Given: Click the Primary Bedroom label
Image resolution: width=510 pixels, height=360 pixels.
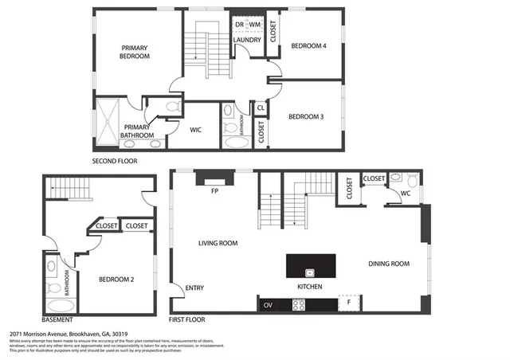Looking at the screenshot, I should (x=134, y=52).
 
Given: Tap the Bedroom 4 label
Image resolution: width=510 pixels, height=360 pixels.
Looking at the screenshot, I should (x=308, y=45).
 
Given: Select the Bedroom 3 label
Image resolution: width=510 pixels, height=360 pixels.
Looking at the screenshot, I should (x=306, y=117).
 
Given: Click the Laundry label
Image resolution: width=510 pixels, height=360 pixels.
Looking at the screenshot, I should (x=248, y=41).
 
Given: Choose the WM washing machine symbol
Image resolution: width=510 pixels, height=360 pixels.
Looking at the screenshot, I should (x=254, y=24).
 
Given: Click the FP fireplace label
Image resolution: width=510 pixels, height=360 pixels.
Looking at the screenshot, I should (x=214, y=192).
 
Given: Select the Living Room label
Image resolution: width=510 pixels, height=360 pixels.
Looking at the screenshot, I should (x=218, y=243).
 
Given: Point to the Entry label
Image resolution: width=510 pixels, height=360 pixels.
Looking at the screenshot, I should (x=194, y=288).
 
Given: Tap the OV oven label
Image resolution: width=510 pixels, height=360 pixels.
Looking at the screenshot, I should (x=268, y=304).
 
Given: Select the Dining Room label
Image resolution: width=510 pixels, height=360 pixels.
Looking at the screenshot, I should (x=388, y=264).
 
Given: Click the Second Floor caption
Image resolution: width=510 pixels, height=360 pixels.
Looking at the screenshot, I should (x=116, y=161).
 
